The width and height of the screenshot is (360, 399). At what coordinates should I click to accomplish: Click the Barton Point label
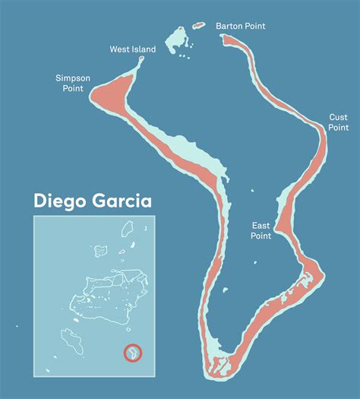point(240,26)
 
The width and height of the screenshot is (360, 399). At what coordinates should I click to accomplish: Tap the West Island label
point(132,49)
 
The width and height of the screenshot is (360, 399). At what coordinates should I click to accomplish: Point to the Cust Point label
point(338,122)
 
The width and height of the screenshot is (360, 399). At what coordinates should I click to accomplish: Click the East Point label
point(262,231)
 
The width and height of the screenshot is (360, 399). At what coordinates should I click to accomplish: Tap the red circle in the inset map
point(132,353)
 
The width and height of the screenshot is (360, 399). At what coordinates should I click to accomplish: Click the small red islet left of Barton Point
point(198,26)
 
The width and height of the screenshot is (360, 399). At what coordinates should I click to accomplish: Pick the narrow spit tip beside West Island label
point(141,65)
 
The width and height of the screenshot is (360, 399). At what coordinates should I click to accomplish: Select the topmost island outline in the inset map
point(128,226)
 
